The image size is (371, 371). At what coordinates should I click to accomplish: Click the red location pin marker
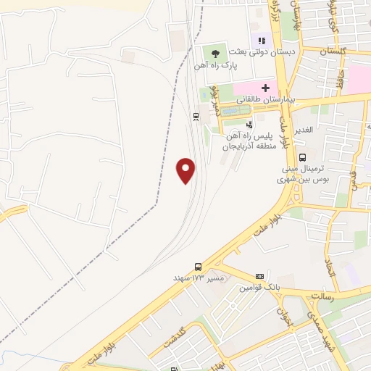(186, 170)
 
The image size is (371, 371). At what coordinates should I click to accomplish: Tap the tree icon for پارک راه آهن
(214, 52)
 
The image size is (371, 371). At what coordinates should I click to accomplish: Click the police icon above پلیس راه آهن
(250, 125)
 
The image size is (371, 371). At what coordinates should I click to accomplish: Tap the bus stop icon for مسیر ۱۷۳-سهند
(198, 266)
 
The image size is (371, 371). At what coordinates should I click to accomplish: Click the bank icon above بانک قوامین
(259, 277)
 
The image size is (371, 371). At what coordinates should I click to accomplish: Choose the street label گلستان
(334, 51)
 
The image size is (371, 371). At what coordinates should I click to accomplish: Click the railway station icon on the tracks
(196, 116)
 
